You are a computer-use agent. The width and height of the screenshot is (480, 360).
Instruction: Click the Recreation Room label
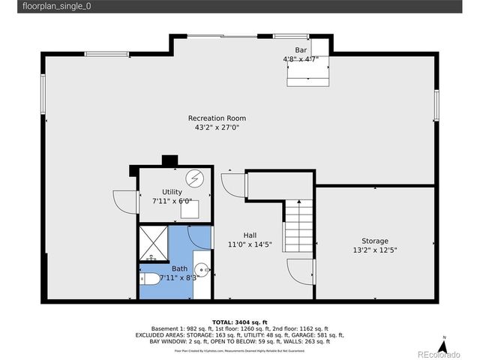tap(217, 118)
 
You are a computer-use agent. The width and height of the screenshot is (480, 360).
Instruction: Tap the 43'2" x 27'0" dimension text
tap(217, 127)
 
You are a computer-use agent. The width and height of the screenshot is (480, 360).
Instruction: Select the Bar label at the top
tap(300, 49)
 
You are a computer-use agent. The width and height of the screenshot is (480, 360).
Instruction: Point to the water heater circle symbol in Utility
tap(195, 178)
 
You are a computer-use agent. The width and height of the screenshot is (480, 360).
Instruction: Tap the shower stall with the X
tap(153, 241)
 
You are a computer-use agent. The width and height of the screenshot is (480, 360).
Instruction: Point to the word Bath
tap(179, 268)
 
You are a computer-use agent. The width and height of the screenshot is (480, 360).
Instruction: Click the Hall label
tap(250, 235)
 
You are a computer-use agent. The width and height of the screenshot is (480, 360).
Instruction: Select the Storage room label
tap(374, 241)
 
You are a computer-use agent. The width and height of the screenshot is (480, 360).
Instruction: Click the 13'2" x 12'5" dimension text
tap(374, 250)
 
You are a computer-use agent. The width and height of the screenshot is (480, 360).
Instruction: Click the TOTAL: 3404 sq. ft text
tap(239, 322)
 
